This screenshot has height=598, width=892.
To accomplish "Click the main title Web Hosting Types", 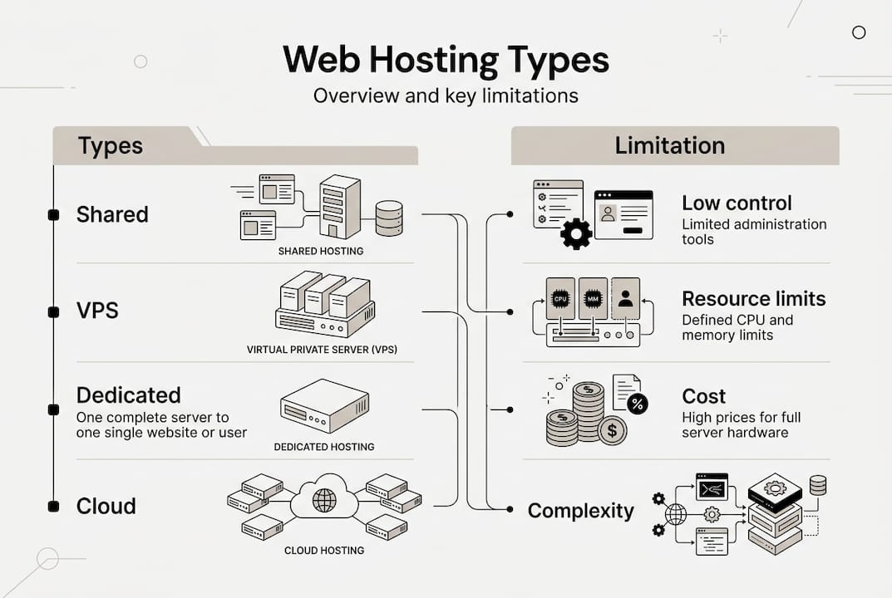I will [446, 61].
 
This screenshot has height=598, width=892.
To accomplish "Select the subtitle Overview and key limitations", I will [446, 96].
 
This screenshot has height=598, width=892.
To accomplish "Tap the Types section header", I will [111, 146].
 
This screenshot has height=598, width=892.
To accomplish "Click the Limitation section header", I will [669, 146].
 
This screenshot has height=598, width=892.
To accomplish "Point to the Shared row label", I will [112, 214].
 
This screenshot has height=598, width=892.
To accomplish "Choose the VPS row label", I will [97, 311].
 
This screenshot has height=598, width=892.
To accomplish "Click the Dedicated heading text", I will [128, 395].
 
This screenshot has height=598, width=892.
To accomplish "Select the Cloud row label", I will [106, 506].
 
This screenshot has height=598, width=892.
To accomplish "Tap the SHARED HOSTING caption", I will [321, 251].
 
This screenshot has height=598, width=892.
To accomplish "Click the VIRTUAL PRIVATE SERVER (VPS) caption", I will [322, 350].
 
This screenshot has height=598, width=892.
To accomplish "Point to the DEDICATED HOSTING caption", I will [324, 447].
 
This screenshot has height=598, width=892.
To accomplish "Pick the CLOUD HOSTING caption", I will [324, 550].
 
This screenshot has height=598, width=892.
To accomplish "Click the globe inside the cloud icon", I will [324, 500].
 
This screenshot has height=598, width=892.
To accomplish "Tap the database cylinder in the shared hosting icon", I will [388, 218].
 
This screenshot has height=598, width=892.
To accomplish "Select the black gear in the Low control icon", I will [576, 233].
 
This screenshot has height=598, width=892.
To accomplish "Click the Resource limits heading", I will [753, 299].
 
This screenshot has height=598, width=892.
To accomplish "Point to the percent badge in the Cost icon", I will [638, 404].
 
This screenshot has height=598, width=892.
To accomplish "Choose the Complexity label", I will [580, 511].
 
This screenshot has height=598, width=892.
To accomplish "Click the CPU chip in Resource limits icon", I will [559, 298].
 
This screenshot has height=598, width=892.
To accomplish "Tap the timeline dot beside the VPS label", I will [53, 312].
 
